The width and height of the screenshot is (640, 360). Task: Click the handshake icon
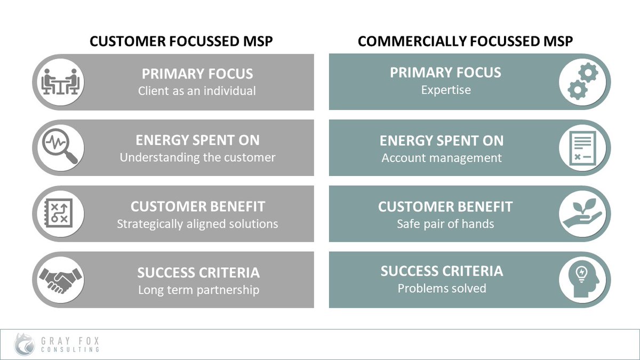tap(60, 279)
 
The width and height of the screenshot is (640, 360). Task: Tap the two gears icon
tap(582, 82)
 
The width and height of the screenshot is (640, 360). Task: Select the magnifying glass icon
tap(60, 148)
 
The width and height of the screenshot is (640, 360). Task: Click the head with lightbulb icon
tap(582, 279)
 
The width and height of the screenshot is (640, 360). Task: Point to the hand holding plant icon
tap(582, 213)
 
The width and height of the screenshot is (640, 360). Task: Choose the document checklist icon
tap(582, 148)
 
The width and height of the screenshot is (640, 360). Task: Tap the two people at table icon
tap(60, 82)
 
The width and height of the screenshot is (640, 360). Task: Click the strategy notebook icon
tap(60, 213)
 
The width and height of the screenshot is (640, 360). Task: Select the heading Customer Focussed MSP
tap(181, 42)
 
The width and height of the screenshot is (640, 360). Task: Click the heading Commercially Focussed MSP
tap(465, 42)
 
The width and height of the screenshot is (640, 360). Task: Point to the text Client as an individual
tap(197, 91)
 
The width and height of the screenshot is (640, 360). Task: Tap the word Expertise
tap(446, 90)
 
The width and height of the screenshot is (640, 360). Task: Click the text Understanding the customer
tap(197, 157)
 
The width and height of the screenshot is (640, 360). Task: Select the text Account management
tap(442, 158)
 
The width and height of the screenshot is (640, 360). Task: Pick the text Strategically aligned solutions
tap(197, 224)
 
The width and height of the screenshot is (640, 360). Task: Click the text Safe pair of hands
tap(445, 223)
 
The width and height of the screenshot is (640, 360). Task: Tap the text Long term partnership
tap(198, 290)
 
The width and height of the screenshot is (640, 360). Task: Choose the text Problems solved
tap(442, 289)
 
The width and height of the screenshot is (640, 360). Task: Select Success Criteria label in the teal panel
tap(442, 271)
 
